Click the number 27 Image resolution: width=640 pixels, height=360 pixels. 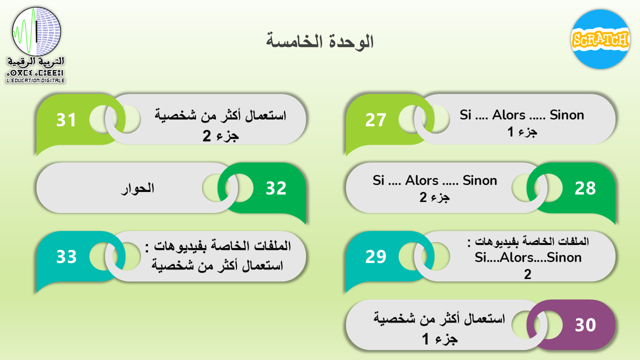point(375,120)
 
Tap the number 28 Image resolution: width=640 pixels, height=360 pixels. point(585,188)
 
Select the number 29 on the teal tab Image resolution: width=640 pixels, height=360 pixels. point(375,256)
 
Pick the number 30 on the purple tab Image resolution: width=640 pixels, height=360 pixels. point(585,325)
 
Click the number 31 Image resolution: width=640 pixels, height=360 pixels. point(66,120)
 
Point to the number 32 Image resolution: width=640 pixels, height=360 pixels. point(276,188)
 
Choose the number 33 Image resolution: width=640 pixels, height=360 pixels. point(66,256)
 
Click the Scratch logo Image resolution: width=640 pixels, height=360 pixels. point(600,39)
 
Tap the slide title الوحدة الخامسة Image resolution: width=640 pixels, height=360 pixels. point(319,42)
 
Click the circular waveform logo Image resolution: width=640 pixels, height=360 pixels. point(36,31)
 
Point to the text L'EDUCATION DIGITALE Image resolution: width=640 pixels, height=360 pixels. point(35,80)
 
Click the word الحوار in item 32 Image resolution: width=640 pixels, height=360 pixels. point(137,188)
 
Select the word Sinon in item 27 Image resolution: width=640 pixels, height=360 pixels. point(567,115)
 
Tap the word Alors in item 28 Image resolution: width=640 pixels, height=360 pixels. point(421,180)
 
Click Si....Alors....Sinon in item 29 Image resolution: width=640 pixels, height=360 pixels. point(528,257)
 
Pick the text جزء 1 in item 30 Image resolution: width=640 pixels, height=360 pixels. point(439,339)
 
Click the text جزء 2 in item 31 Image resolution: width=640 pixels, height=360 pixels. point(220,136)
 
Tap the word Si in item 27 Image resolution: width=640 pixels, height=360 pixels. point(465,115)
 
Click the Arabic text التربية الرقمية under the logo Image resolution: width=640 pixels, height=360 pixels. point(35,61)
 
